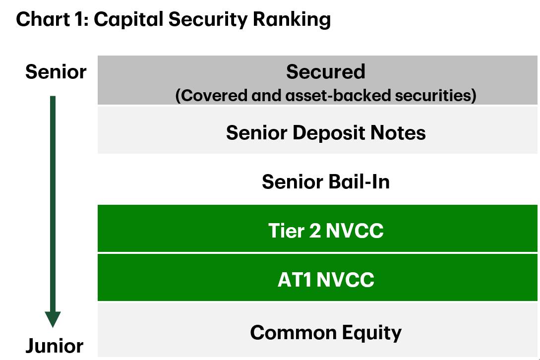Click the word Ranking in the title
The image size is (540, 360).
point(292,20)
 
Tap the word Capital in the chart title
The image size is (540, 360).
point(128,20)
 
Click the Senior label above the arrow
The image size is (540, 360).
point(56,72)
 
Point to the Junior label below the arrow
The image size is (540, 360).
point(55,346)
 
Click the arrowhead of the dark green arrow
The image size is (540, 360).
point(53,319)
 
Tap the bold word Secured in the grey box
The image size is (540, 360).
point(325,72)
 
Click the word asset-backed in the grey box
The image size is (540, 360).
point(338,95)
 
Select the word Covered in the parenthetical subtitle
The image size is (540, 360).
point(211,95)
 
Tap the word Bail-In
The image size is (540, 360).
point(358,181)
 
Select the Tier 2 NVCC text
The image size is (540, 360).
point(326,231)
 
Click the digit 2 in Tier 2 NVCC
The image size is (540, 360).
point(315,231)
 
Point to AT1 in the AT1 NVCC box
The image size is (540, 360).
point(295,279)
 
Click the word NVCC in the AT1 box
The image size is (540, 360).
point(346,279)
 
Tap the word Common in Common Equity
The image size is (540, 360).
point(294,332)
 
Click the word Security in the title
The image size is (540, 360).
point(208,20)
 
